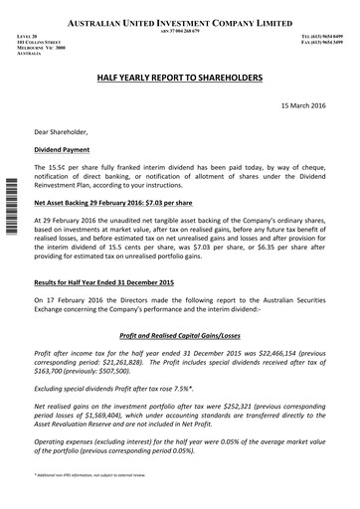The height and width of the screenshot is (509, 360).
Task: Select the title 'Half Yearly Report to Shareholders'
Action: click(x=179, y=76)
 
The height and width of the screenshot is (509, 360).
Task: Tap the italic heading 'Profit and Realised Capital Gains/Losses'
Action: click(x=179, y=335)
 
